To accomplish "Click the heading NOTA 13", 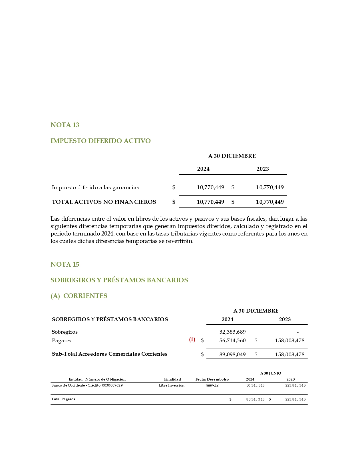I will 65,125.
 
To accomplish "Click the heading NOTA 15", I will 65,265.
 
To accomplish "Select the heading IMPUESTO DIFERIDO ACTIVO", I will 100,141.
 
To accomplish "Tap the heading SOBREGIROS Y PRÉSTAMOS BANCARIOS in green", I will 119,280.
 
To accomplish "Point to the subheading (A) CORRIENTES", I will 79,296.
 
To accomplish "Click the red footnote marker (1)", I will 192,340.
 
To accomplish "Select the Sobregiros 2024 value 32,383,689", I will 232,332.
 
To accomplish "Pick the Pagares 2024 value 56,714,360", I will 232,341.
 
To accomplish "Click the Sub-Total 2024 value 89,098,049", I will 232,355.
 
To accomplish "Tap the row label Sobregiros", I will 65,332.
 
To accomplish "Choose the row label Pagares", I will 61,341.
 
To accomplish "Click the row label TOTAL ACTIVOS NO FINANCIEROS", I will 104,202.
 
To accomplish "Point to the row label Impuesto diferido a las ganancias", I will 95,188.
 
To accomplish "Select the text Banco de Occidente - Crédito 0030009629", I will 87,385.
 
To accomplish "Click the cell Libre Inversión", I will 171,385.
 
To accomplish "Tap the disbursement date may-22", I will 212,385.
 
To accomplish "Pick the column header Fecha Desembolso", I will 212,379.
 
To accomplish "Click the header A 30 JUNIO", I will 271,373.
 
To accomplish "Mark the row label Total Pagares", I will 63,399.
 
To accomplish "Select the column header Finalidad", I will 172,379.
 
